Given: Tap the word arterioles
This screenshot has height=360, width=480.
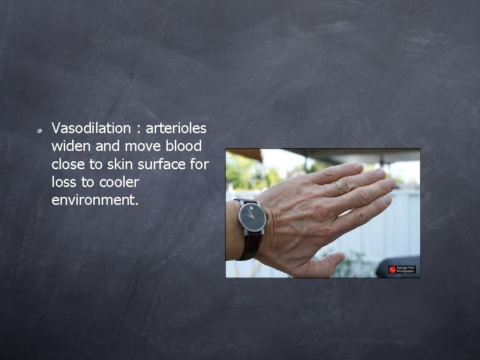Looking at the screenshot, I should (x=176, y=128).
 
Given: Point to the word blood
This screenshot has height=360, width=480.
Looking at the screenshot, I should (x=184, y=146).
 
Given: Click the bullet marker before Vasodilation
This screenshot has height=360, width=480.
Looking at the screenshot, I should (x=41, y=130).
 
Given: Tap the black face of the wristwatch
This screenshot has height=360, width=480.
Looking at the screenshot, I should (x=252, y=217).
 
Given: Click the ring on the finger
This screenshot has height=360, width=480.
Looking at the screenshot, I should (x=339, y=187).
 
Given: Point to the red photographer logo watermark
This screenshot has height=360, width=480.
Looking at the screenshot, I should (x=392, y=270).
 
